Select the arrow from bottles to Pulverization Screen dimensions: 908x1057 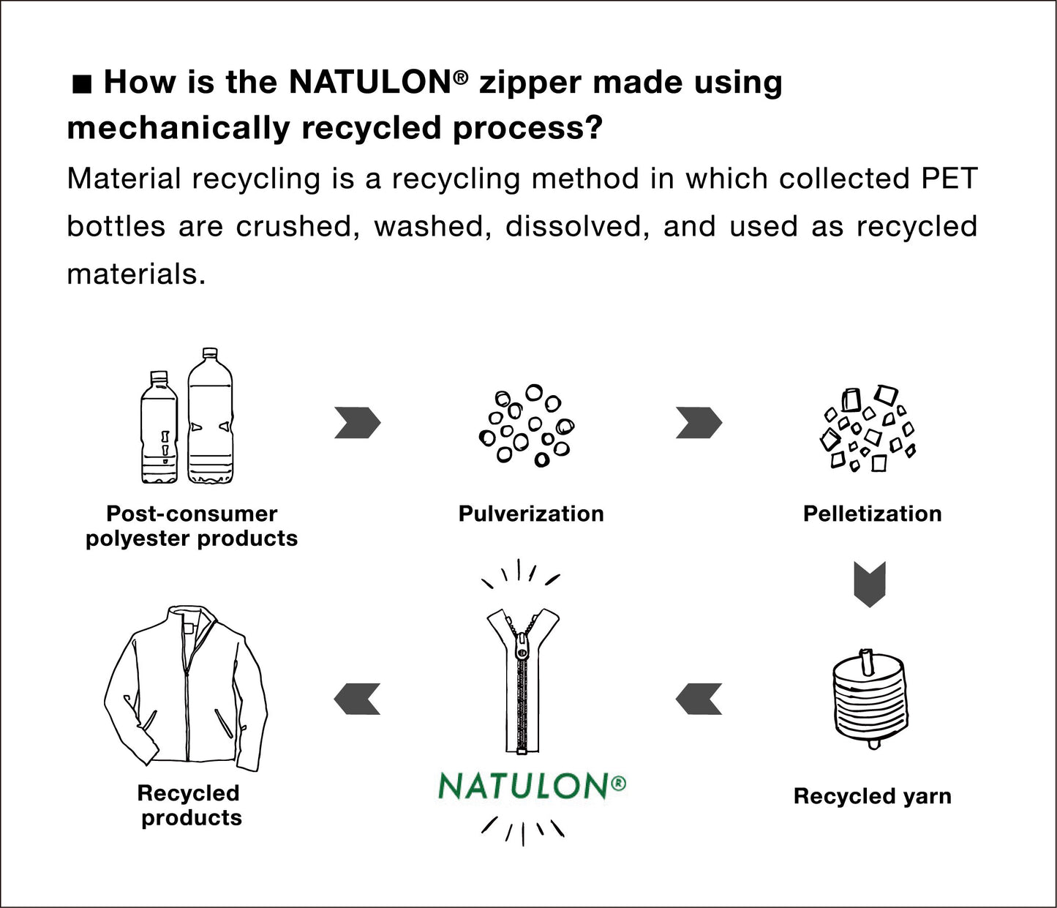click(x=357, y=423)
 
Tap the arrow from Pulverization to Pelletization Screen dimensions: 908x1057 click(x=699, y=423)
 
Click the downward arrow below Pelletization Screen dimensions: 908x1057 click(x=870, y=584)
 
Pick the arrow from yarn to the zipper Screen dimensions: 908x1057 click(x=699, y=699)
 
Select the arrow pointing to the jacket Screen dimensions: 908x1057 click(x=357, y=699)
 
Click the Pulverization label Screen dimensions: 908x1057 click(x=531, y=514)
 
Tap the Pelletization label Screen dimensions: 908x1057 click(x=872, y=514)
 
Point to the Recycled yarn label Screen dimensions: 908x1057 click(x=872, y=796)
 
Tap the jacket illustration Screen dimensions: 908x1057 click(x=186, y=691)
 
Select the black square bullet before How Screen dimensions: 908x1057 click(x=82, y=85)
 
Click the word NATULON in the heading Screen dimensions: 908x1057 click(x=370, y=82)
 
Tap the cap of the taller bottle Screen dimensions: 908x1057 click(x=211, y=353)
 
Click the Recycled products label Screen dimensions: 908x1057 click(x=189, y=805)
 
